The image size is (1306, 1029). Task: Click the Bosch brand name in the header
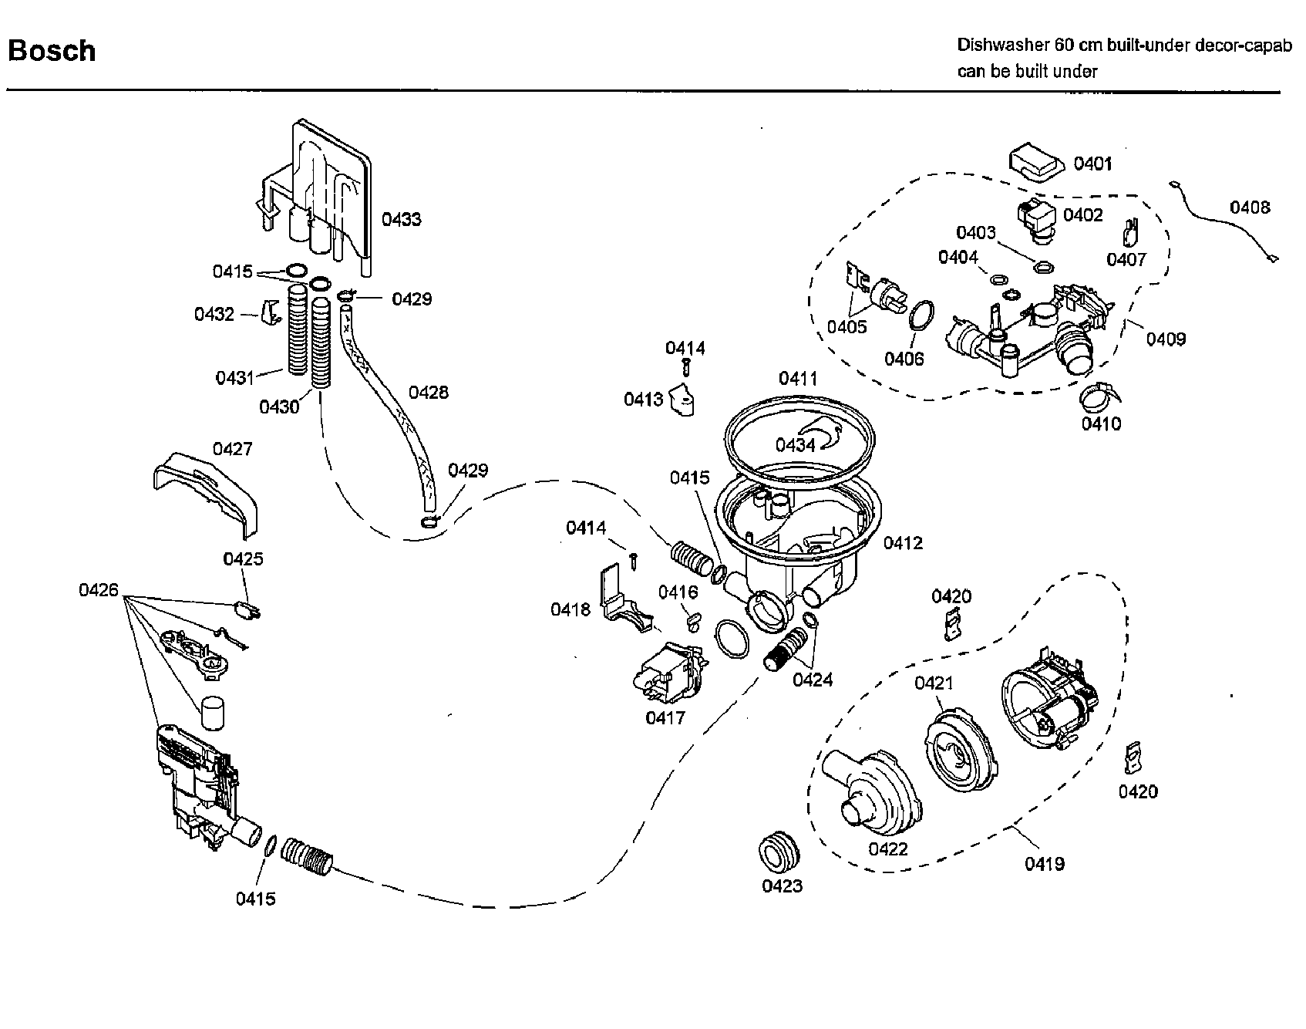(52, 51)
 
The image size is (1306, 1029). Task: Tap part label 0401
(1092, 164)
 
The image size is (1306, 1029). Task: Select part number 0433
(401, 219)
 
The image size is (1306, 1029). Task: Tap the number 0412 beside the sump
(902, 543)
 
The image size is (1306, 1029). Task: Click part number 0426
(99, 590)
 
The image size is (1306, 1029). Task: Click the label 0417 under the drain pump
(665, 717)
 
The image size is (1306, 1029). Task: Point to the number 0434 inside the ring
(795, 445)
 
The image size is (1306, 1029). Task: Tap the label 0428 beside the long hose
(428, 393)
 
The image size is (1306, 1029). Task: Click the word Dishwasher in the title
(1000, 46)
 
